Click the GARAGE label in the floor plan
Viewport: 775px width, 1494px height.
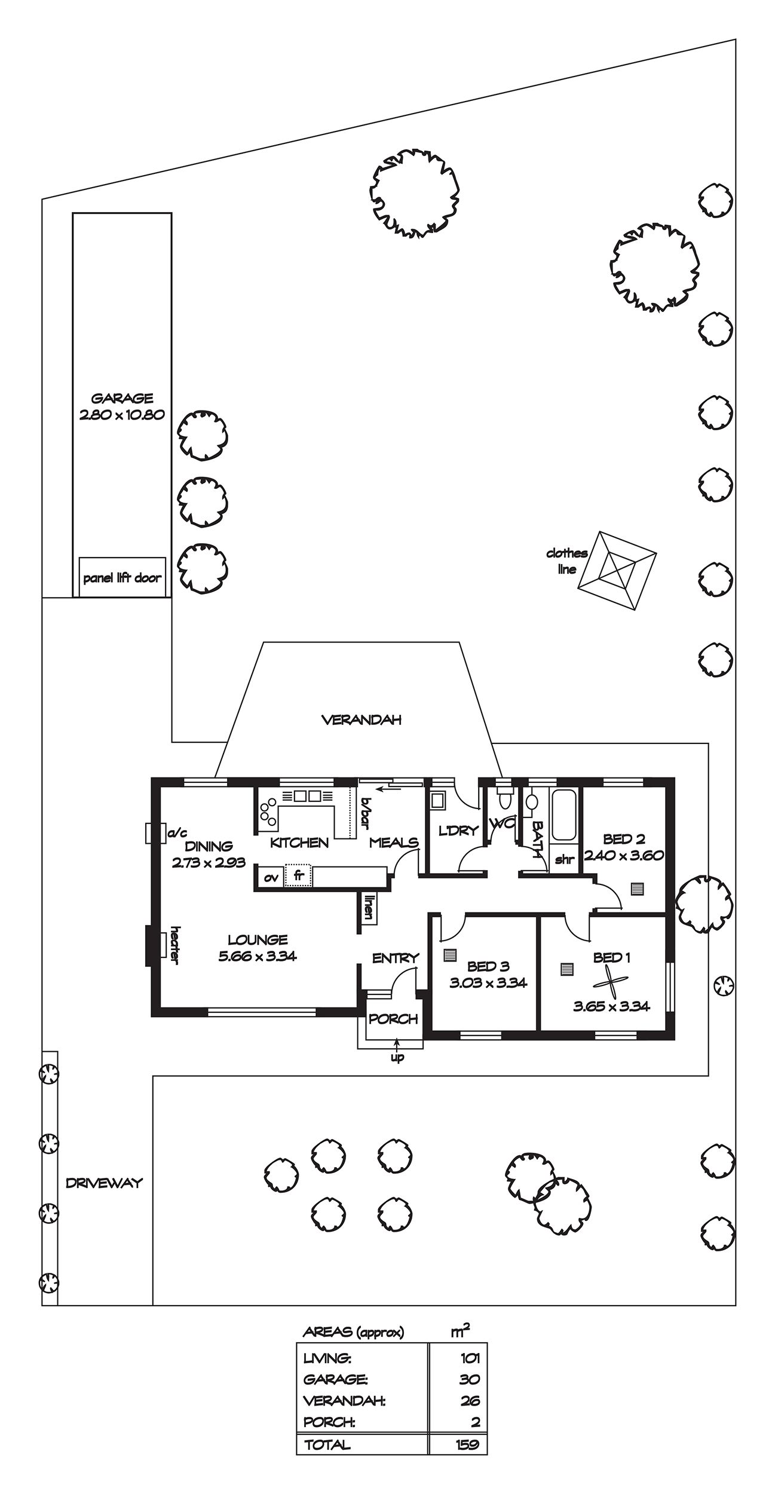(122, 398)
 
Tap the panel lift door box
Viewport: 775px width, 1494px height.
(122, 577)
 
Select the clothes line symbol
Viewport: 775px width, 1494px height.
(617, 571)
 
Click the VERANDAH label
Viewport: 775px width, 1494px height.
(362, 720)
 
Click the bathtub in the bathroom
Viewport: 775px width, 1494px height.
(563, 815)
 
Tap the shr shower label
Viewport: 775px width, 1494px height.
(564, 860)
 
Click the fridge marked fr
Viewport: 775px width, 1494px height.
(298, 876)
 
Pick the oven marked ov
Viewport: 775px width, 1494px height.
(271, 877)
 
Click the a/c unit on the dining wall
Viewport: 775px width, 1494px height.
(155, 833)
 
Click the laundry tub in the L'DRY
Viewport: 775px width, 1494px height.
(438, 801)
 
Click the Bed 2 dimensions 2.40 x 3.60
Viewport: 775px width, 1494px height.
(624, 855)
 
